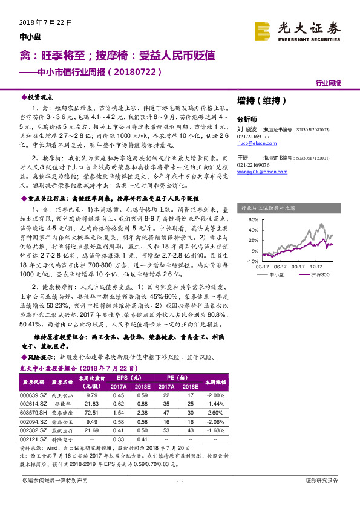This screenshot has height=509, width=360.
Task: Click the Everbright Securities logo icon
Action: tap(263, 29)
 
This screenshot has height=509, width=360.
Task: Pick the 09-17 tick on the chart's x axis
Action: tap(297, 266)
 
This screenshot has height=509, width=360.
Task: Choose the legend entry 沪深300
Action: tap(319, 274)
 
